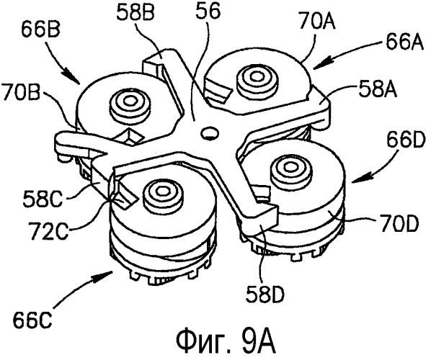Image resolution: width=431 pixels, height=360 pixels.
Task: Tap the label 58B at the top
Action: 135,12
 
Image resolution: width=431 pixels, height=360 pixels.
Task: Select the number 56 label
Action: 208,12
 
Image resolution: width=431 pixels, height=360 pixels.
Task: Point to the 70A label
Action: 317,22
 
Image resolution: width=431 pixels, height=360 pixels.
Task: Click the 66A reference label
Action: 404,42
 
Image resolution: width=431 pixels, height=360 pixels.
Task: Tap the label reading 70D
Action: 399,223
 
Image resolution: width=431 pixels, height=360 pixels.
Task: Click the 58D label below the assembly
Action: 265,294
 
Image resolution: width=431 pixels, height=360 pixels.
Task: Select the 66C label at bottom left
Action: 32,320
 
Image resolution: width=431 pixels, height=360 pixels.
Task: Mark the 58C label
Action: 43,199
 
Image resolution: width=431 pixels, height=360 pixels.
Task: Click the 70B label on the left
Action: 20,93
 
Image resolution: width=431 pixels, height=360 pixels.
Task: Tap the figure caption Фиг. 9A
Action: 226,343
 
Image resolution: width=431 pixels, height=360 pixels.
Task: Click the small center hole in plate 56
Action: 208,132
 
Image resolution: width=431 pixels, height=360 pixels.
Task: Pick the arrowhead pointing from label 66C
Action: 107,275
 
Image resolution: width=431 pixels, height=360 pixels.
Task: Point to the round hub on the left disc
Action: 130,105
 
